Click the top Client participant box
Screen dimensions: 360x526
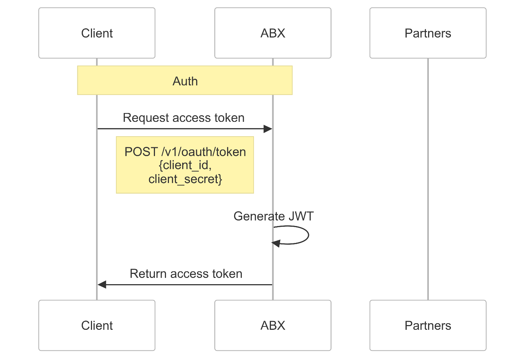coord(97,33)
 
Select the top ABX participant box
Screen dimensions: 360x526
coord(273,33)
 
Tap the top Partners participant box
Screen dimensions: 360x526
coord(428,33)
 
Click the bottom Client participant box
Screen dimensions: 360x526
coord(97,325)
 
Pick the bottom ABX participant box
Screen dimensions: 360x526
coord(273,325)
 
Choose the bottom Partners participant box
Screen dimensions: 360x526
coord(428,325)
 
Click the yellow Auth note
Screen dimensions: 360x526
coord(185,81)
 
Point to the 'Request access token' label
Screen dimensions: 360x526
coord(183,118)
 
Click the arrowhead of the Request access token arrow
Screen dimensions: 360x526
coord(268,129)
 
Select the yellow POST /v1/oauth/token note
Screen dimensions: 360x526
coord(185,165)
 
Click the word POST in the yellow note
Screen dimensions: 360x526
coord(141,152)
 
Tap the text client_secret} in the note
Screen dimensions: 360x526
coord(185,179)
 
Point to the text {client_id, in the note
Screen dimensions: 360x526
coord(185,165)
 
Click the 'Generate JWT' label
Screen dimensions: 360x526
coord(273,216)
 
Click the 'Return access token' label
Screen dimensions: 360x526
coord(186,274)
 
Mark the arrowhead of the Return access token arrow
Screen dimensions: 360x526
coord(102,285)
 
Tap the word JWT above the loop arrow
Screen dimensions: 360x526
coord(301,216)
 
